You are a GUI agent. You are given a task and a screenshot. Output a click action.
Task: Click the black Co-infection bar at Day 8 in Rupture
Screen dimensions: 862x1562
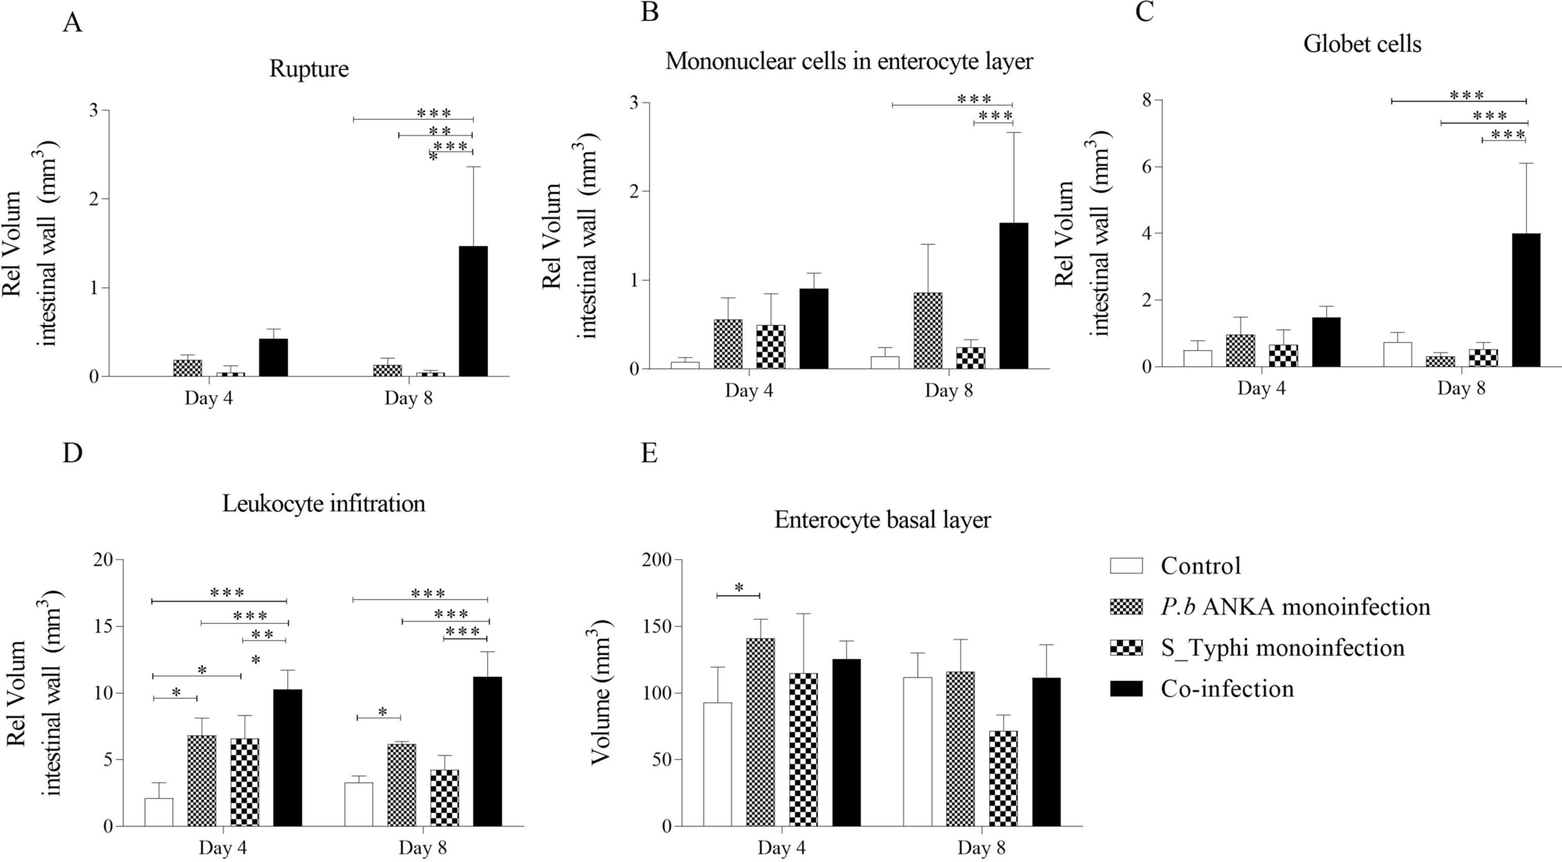point(473,311)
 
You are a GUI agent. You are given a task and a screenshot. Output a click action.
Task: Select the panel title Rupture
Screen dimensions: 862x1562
point(309,68)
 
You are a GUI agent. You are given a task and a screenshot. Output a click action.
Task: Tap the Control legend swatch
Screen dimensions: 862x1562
point(1125,566)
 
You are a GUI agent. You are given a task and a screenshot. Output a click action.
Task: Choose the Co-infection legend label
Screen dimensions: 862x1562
point(1227,689)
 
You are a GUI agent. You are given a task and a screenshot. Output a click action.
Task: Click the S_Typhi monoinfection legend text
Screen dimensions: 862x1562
point(1282,647)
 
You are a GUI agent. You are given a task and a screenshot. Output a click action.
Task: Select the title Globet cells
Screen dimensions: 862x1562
point(1362,44)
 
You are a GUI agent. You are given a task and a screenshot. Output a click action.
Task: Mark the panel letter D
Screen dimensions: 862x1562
point(72,454)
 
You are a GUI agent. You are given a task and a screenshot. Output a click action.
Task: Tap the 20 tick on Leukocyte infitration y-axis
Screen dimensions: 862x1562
point(102,559)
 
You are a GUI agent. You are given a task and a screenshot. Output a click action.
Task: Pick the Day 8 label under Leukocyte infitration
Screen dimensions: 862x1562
point(423,847)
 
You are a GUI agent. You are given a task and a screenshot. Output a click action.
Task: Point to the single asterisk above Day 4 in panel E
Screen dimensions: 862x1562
point(739,587)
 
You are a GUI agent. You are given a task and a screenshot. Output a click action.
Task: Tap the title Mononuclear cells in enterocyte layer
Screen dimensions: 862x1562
point(848,61)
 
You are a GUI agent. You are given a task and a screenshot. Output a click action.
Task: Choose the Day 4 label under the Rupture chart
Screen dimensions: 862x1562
point(209,399)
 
